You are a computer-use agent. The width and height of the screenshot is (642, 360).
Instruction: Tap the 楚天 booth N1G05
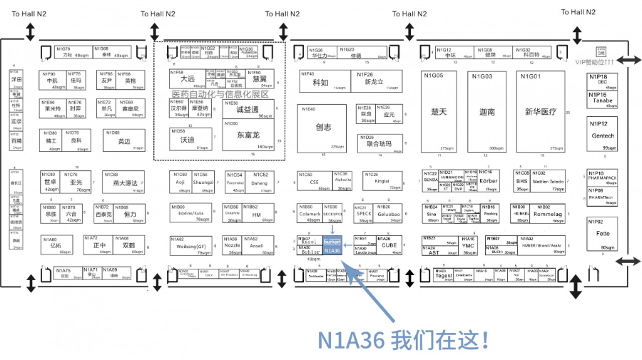tap(439, 111)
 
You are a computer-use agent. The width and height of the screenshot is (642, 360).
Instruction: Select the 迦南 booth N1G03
tap(486, 111)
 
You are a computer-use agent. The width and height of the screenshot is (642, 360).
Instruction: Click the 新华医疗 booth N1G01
tap(540, 111)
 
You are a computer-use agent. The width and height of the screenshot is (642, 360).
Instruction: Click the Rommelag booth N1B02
tap(548, 213)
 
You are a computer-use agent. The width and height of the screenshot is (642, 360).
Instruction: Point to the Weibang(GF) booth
tap(190, 247)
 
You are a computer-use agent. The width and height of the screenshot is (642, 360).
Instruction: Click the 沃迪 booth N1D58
tap(188, 140)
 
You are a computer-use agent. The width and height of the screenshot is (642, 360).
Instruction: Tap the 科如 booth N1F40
tap(321, 82)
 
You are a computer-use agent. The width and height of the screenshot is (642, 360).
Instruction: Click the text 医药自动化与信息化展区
tap(220, 94)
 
